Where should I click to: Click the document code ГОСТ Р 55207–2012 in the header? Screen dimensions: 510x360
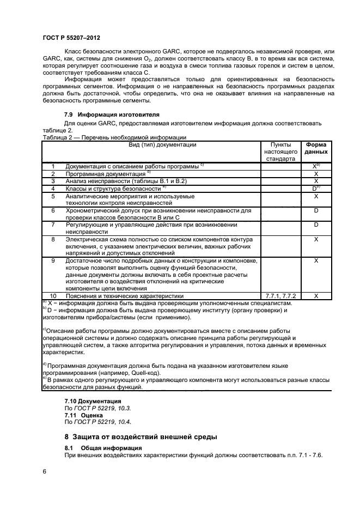tap(71, 38)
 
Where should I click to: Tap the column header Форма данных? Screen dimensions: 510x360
tap(316, 148)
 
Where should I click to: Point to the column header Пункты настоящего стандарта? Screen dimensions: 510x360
tap(280, 152)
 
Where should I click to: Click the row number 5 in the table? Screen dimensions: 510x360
tap(53, 196)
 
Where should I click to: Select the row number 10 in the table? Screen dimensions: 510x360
tap(53, 295)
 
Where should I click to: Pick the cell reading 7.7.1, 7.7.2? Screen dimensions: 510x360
tap(280, 295)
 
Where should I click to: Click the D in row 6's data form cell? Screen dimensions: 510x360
tap(316, 210)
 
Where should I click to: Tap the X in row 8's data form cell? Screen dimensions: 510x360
tap(316, 239)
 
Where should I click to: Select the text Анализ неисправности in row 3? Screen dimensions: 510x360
tap(97, 180)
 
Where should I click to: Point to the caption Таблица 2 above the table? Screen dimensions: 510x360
tap(57, 138)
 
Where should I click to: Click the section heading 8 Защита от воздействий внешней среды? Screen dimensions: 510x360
tap(141, 436)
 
